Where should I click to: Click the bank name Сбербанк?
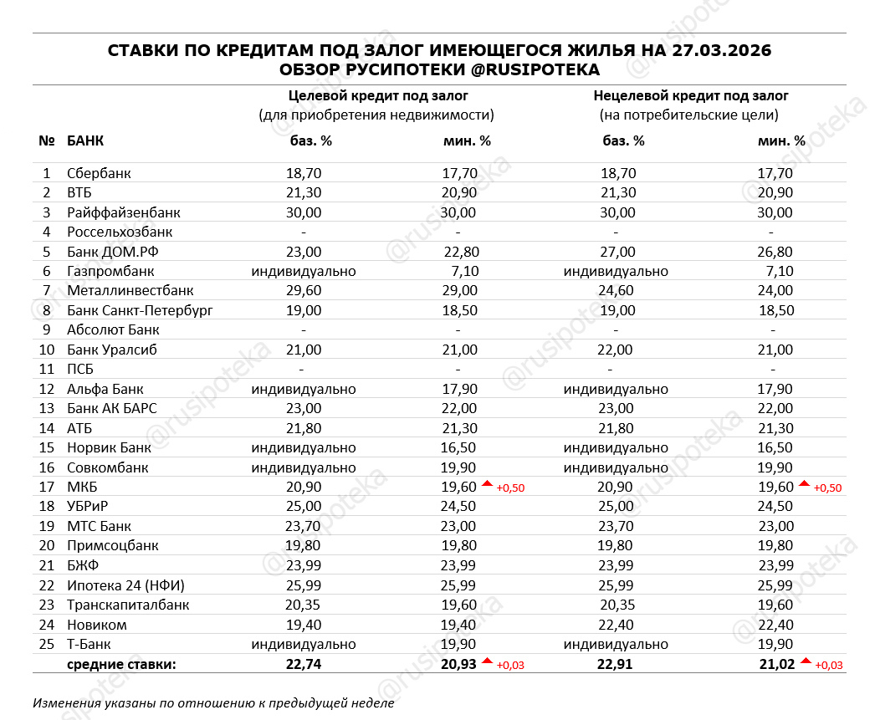tap(99, 173)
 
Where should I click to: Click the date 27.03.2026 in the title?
tap(719, 51)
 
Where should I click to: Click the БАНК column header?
tap(85, 140)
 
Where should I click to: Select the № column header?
tap(47, 140)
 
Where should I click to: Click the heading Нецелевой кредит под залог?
tap(691, 95)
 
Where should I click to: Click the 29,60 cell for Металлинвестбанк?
tap(304, 291)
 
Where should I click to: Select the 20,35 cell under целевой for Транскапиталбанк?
tap(304, 605)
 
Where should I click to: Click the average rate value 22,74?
tap(304, 665)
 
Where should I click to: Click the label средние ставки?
tap(121, 665)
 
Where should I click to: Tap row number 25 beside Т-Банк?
tap(47, 645)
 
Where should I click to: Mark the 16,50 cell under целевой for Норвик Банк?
tap(458, 448)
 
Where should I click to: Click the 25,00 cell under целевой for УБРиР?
tap(304, 507)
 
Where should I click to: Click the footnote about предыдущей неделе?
tap(213, 703)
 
